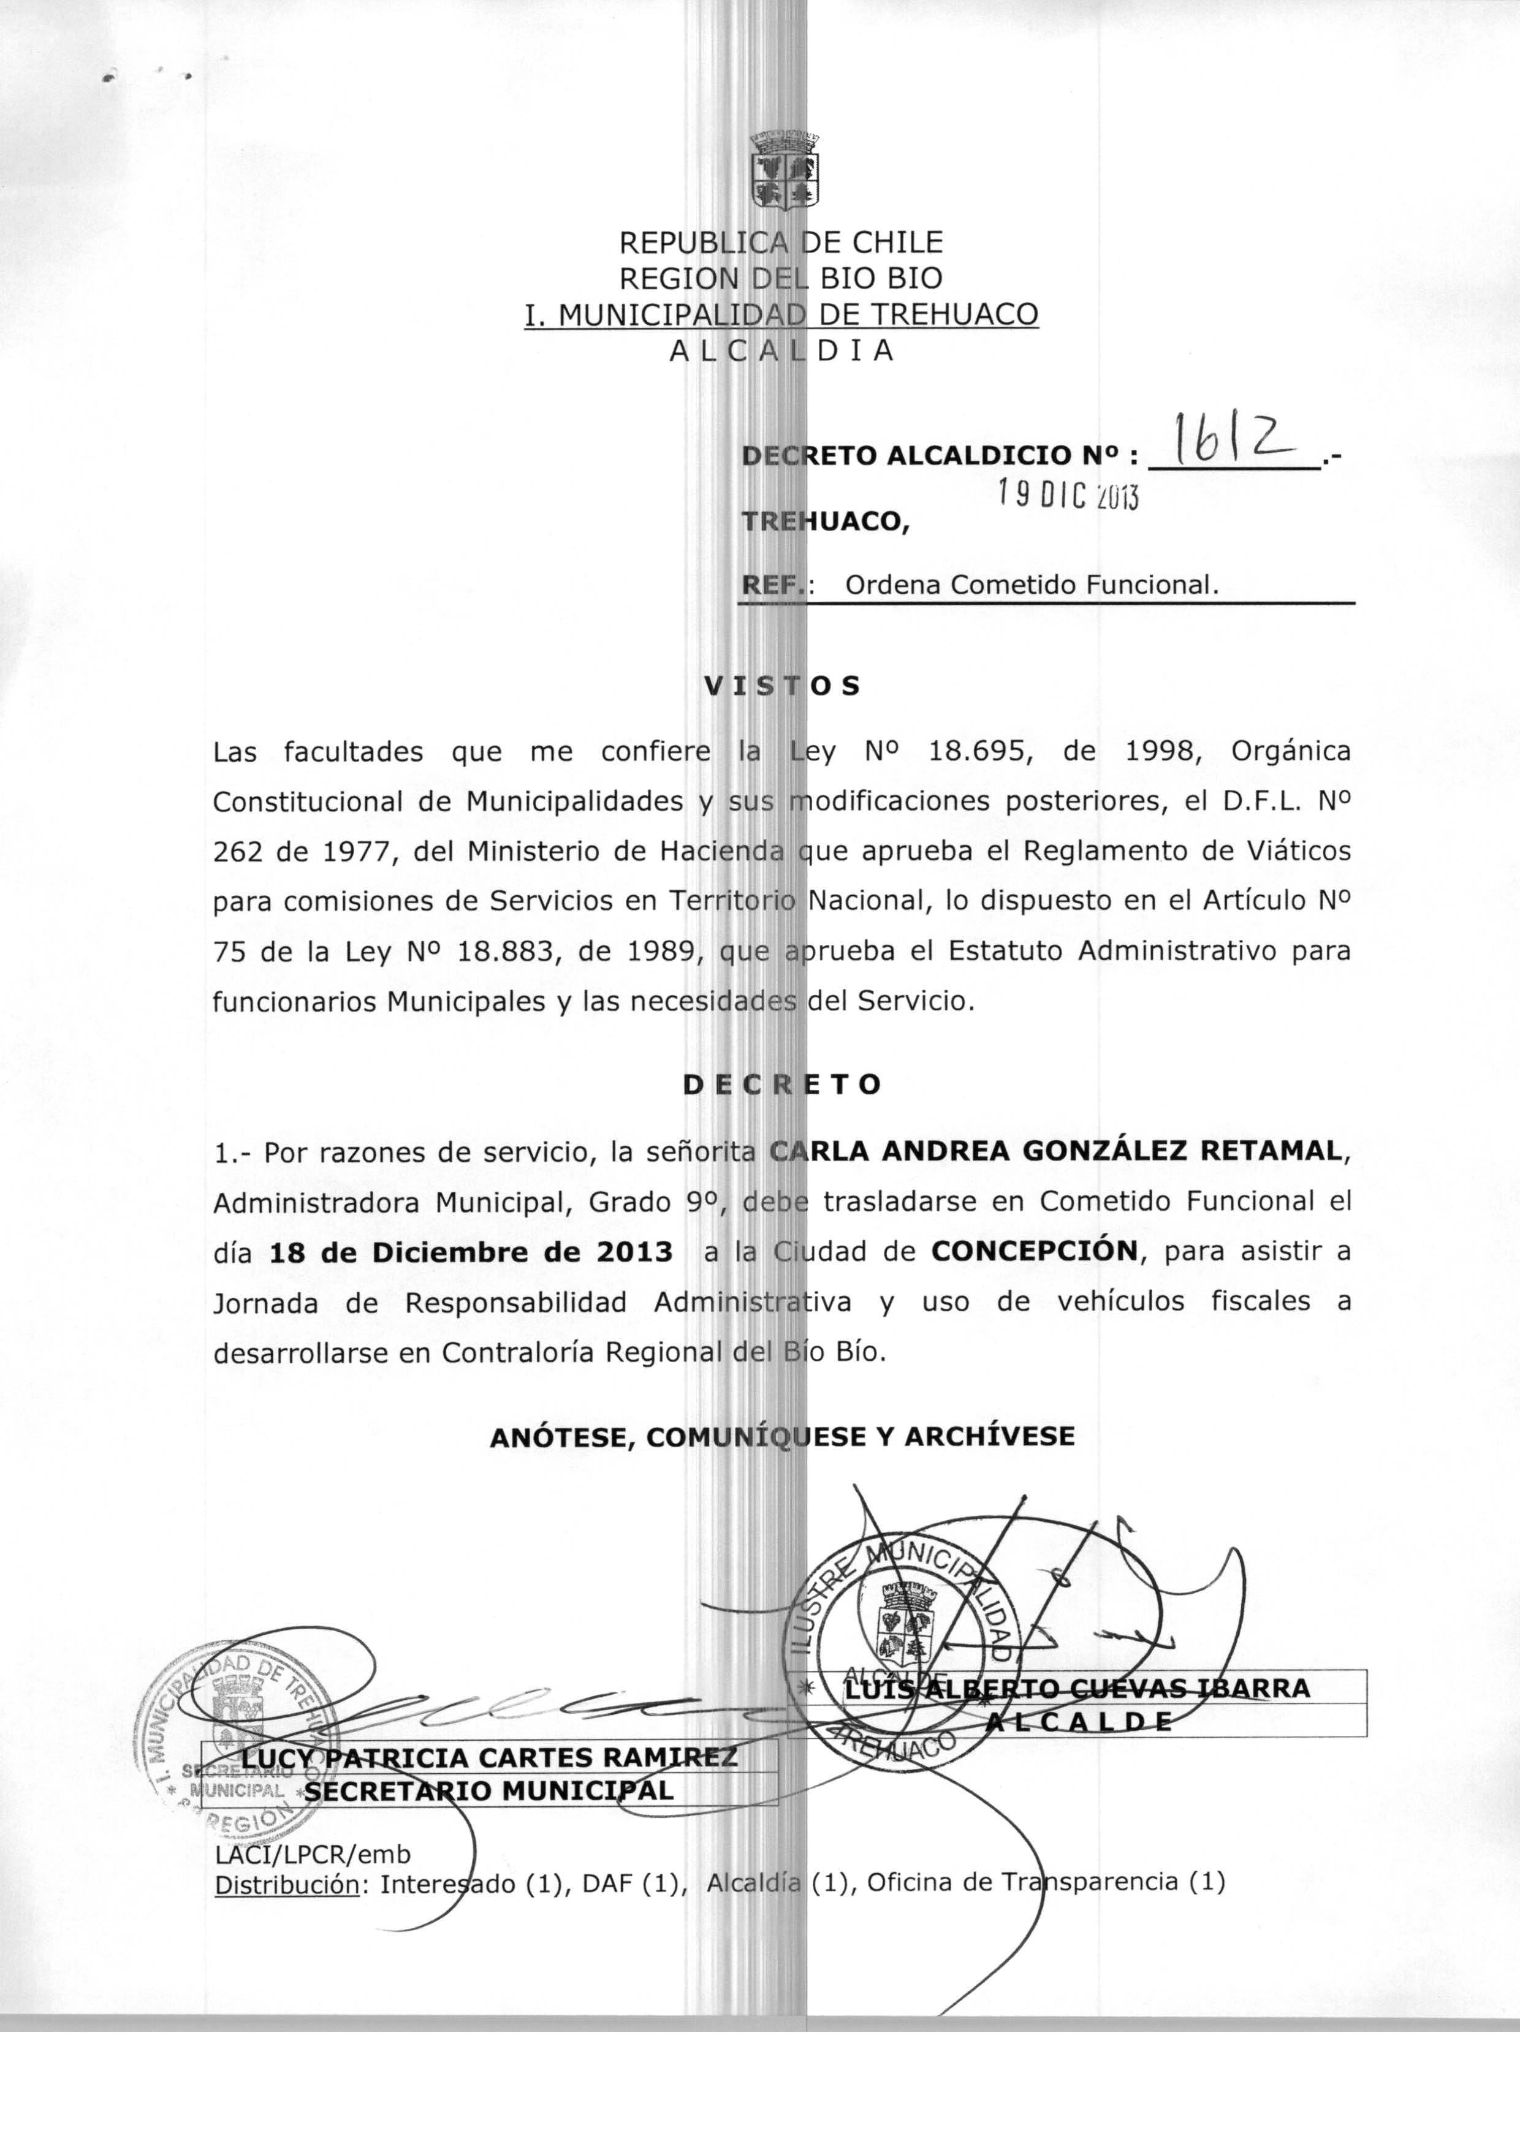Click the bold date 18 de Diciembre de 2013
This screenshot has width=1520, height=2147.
click(x=470, y=1252)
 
